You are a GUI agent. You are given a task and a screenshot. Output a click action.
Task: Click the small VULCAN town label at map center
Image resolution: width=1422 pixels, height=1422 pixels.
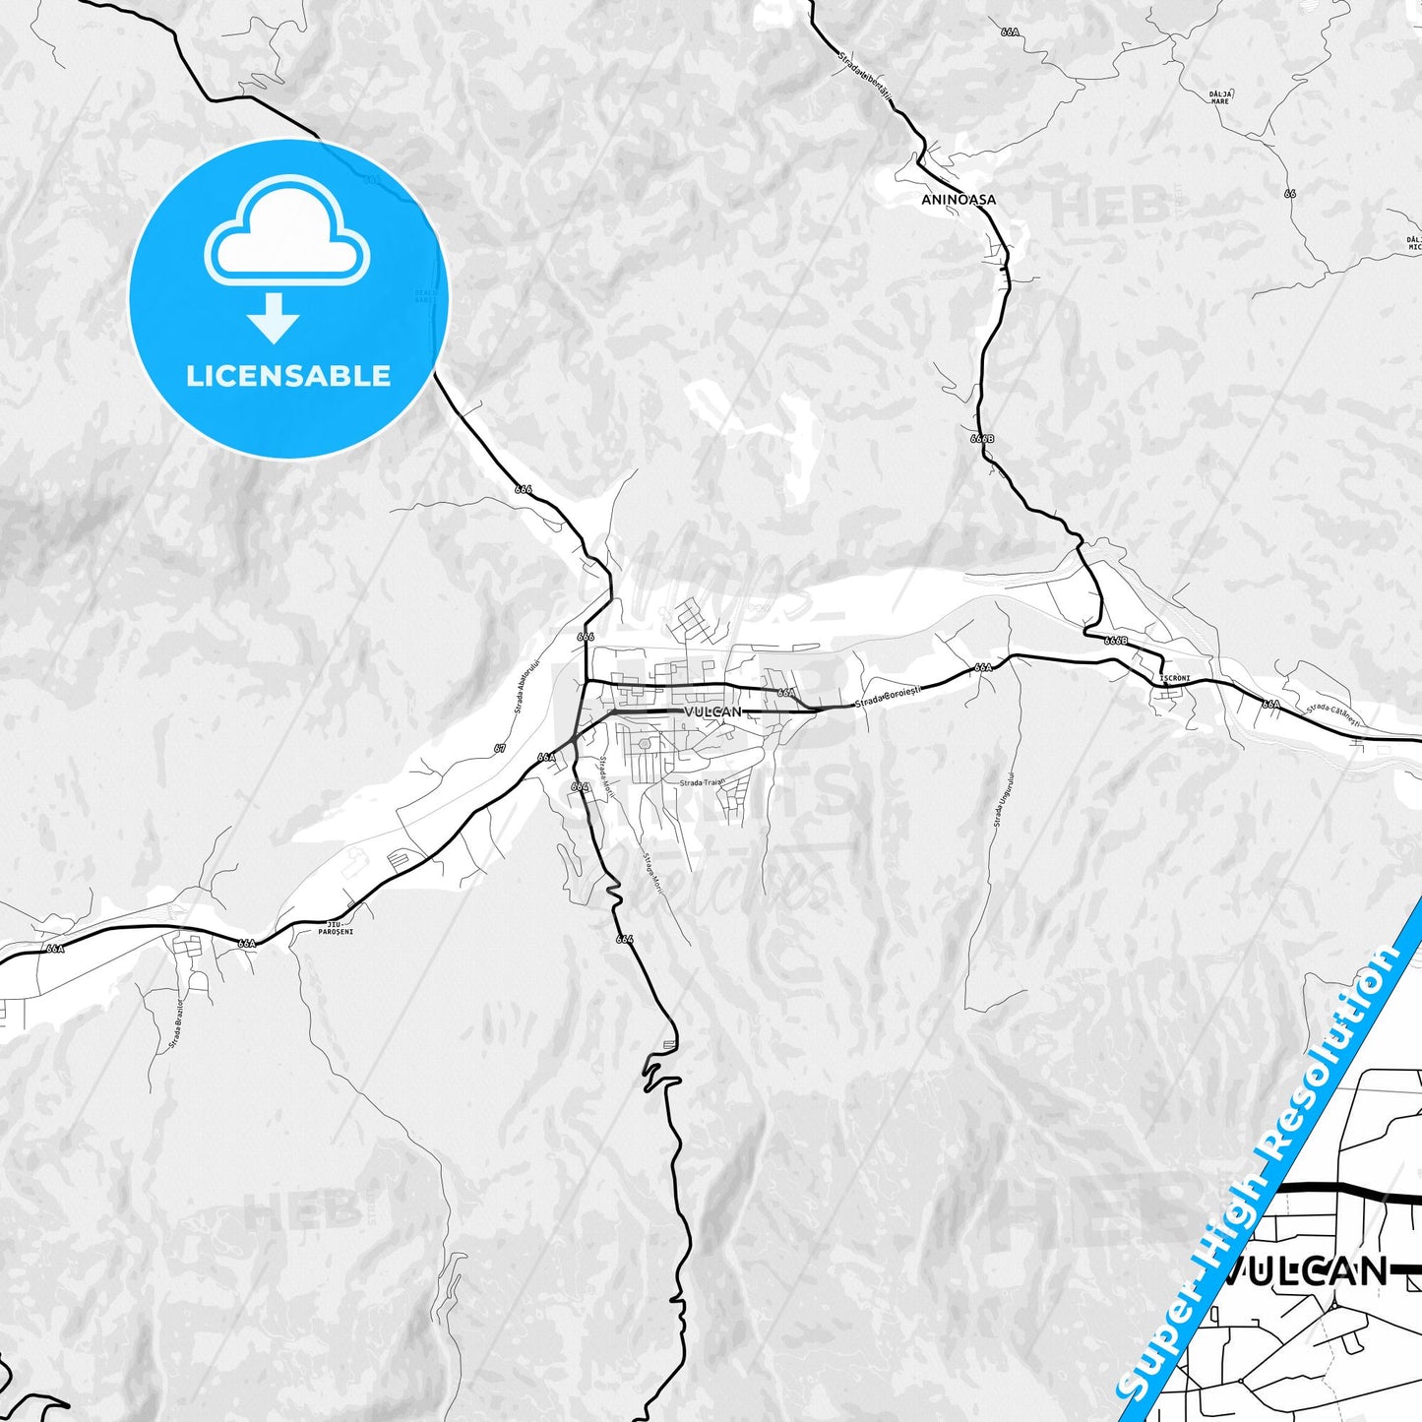tap(711, 711)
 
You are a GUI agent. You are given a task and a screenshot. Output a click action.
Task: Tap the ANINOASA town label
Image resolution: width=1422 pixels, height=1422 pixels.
tap(958, 199)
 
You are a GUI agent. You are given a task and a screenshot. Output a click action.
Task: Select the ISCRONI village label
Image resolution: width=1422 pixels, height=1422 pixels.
tap(1175, 679)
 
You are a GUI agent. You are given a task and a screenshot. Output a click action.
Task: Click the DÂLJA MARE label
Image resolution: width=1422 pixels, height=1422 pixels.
tap(1220, 96)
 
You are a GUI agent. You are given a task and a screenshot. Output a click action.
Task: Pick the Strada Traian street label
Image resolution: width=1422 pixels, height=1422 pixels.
tap(702, 783)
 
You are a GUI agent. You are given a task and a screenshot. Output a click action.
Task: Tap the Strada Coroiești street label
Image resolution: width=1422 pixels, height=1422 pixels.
tap(887, 697)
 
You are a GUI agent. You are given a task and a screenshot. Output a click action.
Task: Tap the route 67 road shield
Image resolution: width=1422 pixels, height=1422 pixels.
tap(500, 749)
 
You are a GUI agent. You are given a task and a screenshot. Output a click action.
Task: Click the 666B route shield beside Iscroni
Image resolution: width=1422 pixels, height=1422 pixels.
tap(1115, 641)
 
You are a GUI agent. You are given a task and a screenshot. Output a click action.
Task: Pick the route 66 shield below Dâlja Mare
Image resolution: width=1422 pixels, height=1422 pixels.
tap(1289, 194)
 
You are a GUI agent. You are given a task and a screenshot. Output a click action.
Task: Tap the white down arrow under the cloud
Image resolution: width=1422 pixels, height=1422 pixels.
tap(273, 319)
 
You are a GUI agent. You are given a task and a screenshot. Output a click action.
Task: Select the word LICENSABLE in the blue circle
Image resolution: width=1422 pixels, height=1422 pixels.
tap(288, 376)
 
